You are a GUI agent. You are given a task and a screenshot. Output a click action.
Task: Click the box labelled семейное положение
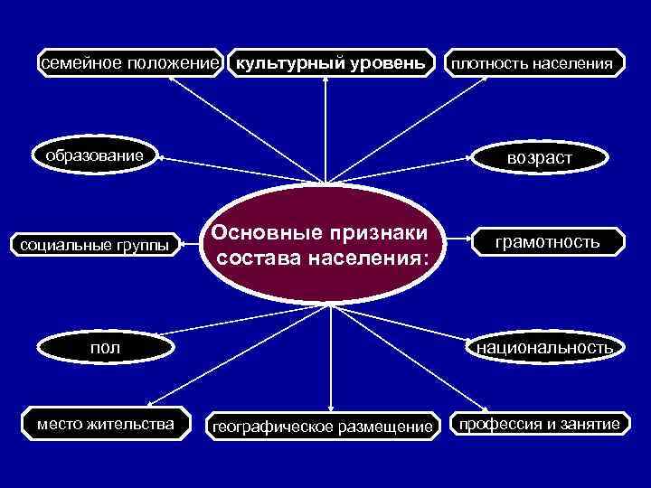tap(128, 63)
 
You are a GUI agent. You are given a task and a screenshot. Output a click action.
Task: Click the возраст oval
tap(540, 158)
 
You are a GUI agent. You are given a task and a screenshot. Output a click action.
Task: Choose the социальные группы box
tap(95, 244)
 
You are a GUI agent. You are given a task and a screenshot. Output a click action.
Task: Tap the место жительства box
tap(106, 424)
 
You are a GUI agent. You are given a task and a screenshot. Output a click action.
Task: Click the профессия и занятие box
tap(540, 424)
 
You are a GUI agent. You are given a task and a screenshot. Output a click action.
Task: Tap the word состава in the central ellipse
tap(258, 259)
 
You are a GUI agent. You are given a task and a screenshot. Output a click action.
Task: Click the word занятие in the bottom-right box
tap(589, 424)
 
